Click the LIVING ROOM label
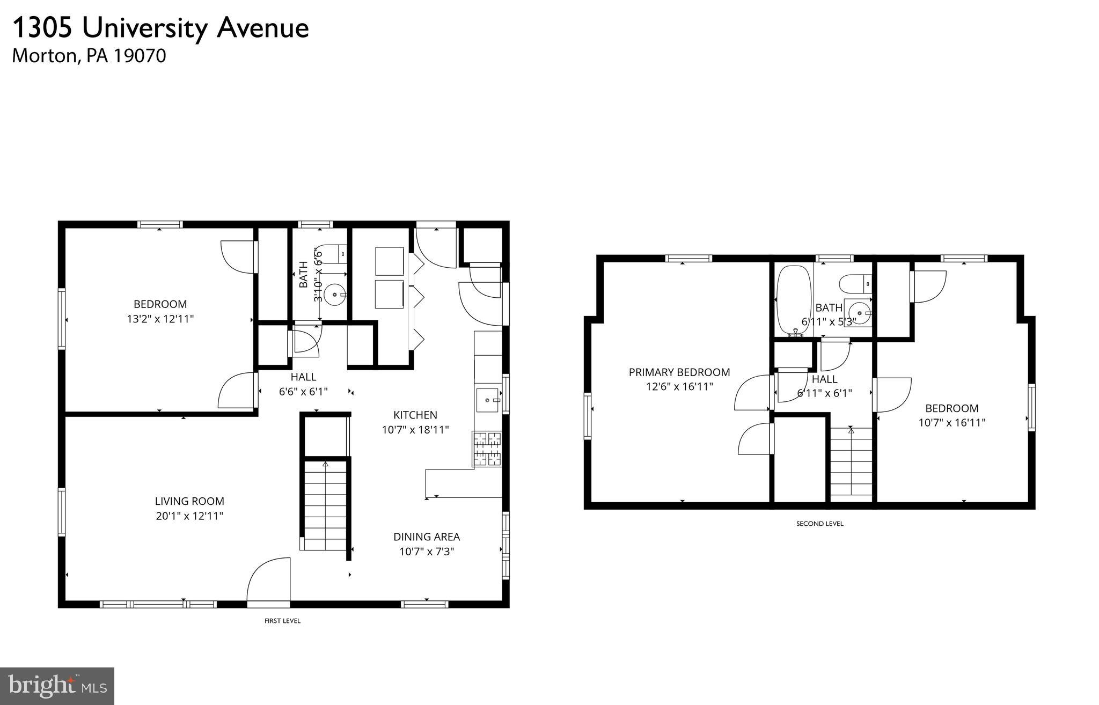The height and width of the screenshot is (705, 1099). click(x=189, y=501)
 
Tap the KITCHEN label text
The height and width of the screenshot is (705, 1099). click(x=415, y=415)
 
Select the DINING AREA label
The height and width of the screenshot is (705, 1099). click(x=427, y=537)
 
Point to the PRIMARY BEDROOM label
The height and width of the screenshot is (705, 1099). click(x=679, y=372)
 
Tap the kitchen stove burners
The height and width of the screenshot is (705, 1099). click(x=487, y=449)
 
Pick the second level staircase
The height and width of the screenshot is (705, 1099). click(x=851, y=461)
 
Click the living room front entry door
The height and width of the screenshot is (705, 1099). click(x=268, y=582)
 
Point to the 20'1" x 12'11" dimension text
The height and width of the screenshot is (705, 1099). click(x=189, y=516)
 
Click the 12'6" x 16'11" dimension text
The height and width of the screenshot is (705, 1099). click(x=679, y=386)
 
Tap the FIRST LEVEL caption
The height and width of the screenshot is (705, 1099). click(x=283, y=621)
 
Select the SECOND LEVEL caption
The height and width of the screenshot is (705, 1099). click(x=819, y=524)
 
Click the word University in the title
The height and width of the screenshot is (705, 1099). click(x=144, y=28)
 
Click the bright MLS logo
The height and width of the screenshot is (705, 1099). click(x=57, y=686)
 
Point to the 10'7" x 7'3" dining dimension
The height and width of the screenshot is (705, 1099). click(x=427, y=552)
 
